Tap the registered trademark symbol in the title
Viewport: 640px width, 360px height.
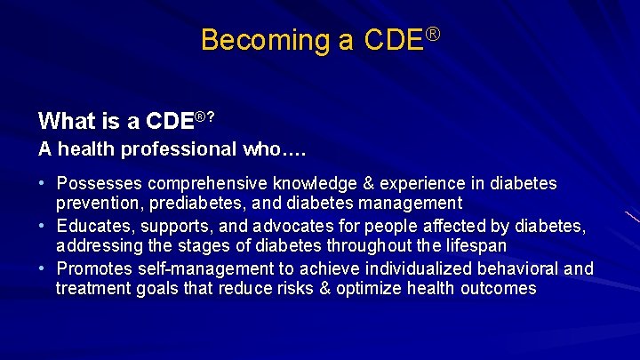(433, 34)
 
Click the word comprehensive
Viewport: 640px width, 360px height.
(208, 184)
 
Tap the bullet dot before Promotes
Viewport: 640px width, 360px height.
(42, 268)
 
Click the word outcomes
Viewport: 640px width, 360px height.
(498, 289)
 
